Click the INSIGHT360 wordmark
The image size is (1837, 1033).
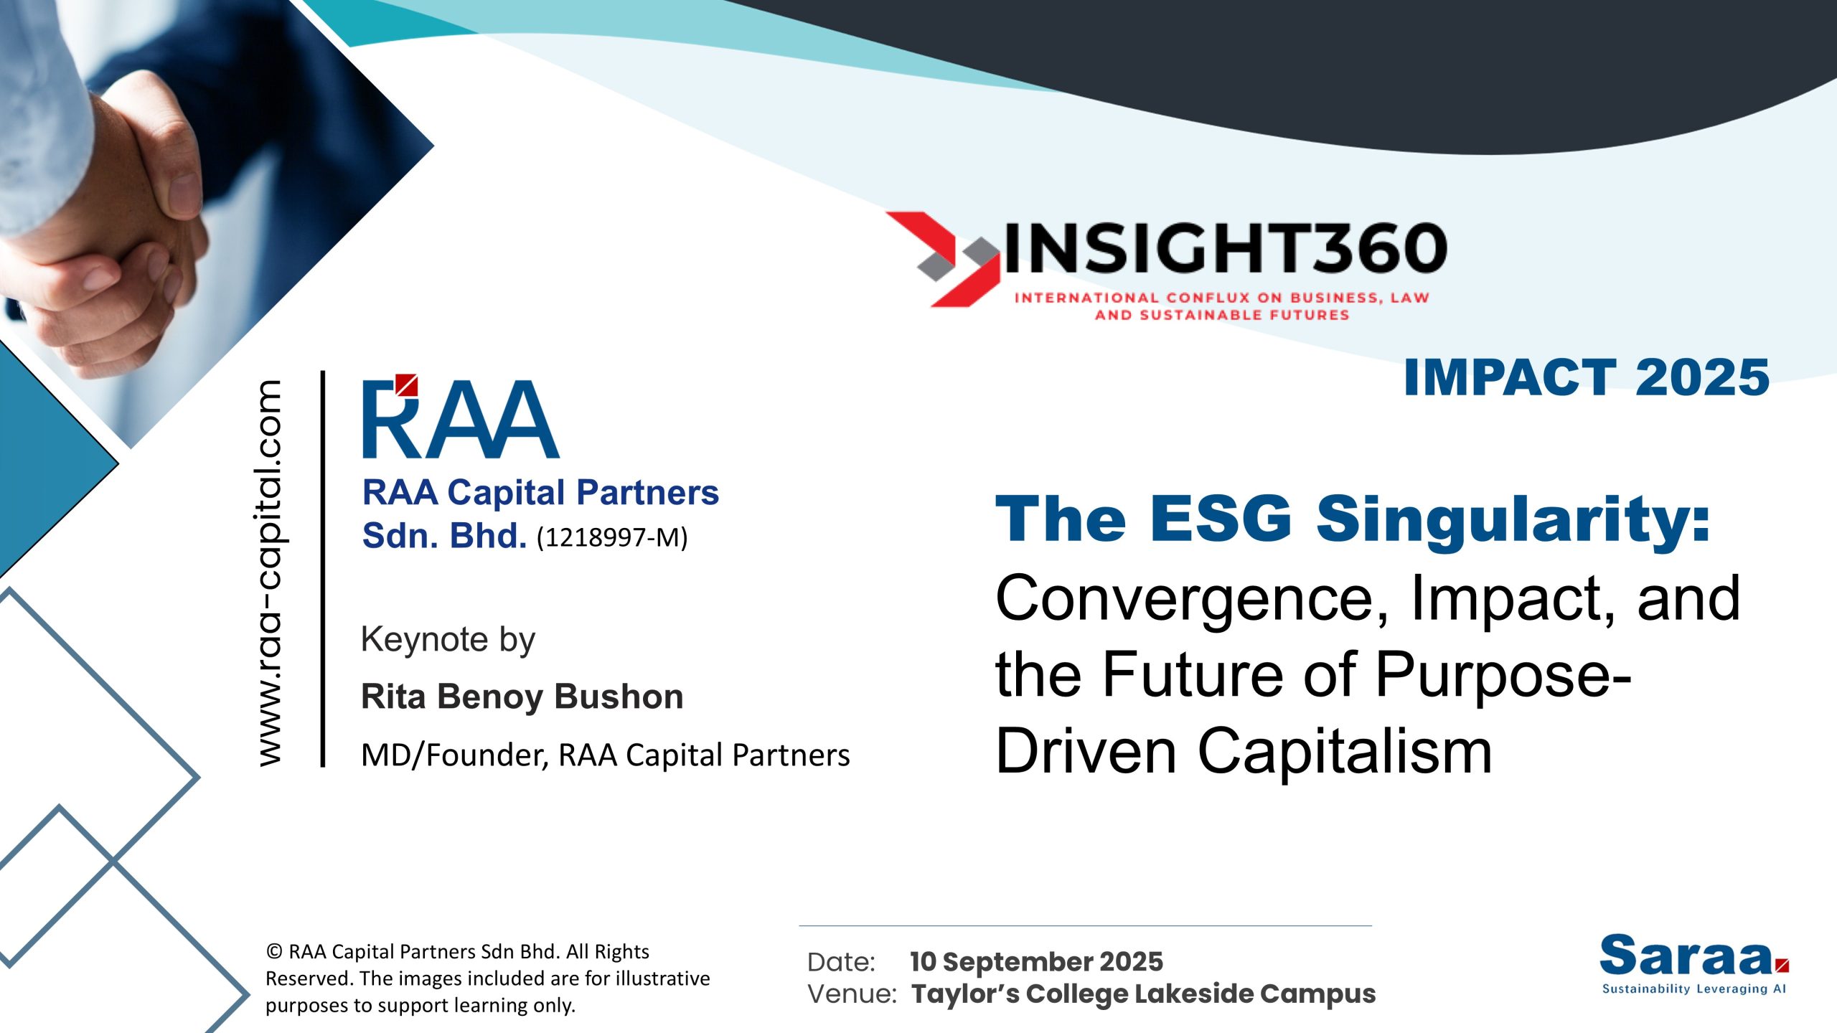coord(1226,248)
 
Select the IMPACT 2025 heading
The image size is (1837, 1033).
coord(1587,377)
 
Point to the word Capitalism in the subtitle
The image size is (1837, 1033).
coord(1345,751)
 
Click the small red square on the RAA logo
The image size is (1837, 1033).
coord(407,385)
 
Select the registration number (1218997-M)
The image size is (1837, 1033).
coord(612,537)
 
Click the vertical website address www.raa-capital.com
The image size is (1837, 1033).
coord(271,573)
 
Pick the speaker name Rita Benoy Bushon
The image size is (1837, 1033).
coord(522,697)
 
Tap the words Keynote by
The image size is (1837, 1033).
coord(448,640)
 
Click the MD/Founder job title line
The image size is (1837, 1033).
coord(605,755)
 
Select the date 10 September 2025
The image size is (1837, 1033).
coord(1036,962)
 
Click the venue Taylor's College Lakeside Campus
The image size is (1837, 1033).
coord(1144,994)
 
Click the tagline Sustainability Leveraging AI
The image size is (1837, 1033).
coord(1694,989)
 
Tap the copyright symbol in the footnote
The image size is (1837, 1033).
coord(273,952)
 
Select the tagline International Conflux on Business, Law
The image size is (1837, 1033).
coord(1221,298)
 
